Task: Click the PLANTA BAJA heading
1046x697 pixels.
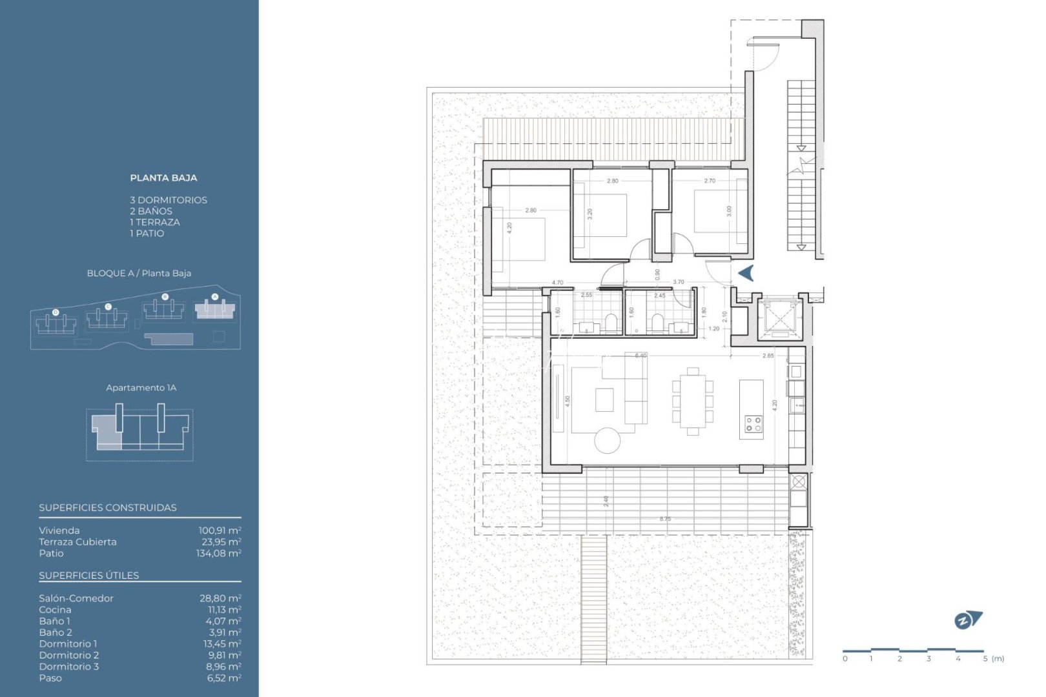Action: [x=163, y=177]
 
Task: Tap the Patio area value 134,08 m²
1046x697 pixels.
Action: [x=219, y=553]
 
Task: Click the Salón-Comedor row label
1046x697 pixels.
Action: [x=76, y=598]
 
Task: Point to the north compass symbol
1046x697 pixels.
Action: [x=967, y=620]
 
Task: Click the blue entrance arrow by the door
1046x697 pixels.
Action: [x=746, y=273]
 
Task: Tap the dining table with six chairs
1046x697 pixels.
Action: [x=692, y=401]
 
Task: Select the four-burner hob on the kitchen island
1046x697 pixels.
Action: [x=753, y=424]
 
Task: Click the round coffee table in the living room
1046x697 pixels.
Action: [x=607, y=441]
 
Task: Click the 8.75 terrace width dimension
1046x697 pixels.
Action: [x=665, y=519]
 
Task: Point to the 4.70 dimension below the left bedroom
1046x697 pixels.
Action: [x=557, y=283]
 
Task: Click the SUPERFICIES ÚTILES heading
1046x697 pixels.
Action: [x=89, y=575]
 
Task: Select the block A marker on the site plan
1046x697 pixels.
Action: [x=215, y=297]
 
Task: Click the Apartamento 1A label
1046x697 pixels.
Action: [x=141, y=388]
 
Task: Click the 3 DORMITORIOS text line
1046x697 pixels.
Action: [x=169, y=200]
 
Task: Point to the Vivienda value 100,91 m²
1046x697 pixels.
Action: [x=220, y=530]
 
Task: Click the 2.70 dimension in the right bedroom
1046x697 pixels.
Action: [x=709, y=181]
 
